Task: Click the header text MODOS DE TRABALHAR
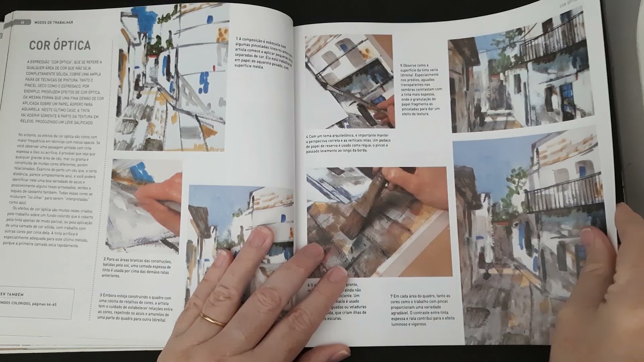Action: point(54,22)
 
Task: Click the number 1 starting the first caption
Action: point(237,39)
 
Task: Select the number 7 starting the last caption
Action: point(391,296)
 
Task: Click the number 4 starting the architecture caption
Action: point(307,136)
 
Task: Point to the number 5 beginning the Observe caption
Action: point(401,65)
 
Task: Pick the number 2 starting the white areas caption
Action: point(103,260)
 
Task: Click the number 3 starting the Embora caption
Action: point(101,296)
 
